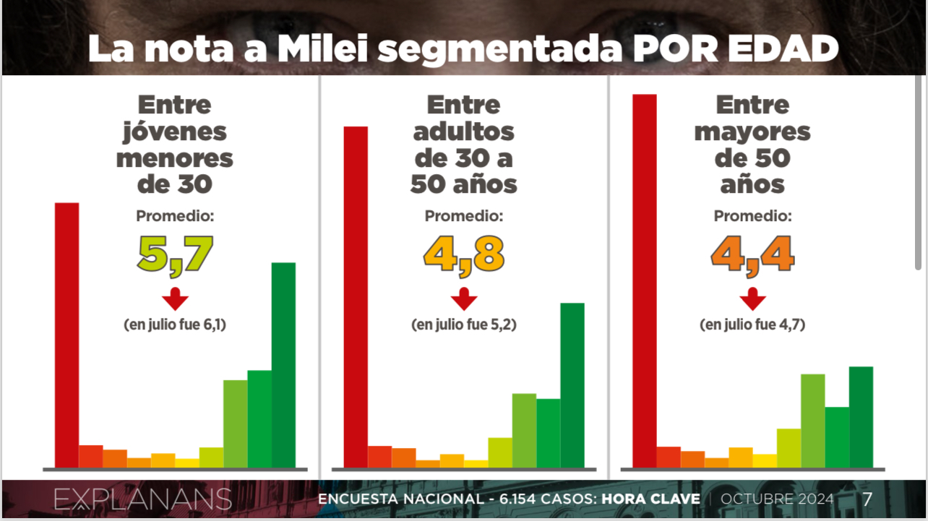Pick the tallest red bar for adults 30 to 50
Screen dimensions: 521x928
(356, 296)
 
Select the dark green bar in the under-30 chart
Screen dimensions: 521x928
(283, 365)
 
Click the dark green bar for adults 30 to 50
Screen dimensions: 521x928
(572, 385)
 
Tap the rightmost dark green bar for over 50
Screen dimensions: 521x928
(861, 417)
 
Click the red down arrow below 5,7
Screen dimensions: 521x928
(175, 298)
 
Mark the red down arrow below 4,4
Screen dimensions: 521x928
(752, 298)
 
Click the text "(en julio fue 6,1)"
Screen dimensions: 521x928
(175, 325)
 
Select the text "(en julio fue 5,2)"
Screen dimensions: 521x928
(463, 325)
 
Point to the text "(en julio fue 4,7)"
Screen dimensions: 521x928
(752, 325)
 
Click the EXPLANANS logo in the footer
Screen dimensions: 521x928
(142, 499)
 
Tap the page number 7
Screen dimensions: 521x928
(867, 499)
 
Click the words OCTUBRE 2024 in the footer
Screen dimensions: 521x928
(777, 499)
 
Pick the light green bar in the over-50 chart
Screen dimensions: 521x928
(812, 421)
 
